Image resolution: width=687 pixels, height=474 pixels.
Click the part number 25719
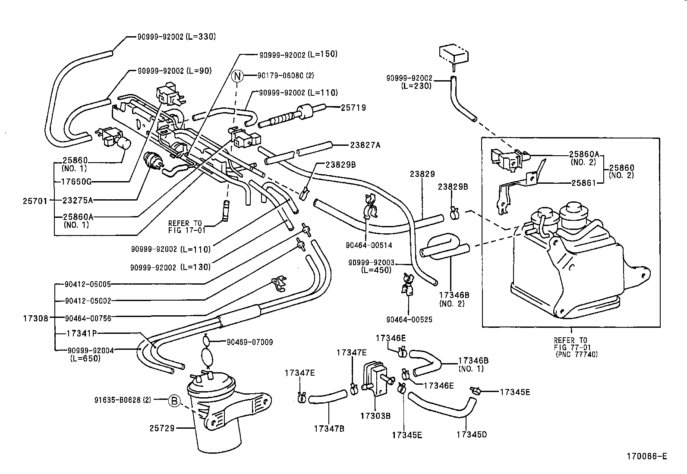[353, 108]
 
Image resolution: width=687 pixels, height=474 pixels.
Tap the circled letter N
[237, 76]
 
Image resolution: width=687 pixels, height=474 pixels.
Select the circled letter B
[174, 401]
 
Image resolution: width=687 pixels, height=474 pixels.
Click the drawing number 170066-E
[647, 456]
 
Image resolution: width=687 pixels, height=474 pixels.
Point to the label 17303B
[375, 416]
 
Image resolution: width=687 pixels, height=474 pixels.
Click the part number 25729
[162, 428]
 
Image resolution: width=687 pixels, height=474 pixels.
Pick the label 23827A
[365, 145]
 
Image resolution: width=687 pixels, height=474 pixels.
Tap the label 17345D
[471, 434]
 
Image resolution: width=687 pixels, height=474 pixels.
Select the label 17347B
[329, 429]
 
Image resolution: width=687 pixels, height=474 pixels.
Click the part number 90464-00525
[409, 320]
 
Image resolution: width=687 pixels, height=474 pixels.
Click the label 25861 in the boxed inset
[583, 183]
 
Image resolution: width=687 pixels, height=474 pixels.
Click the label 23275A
[78, 200]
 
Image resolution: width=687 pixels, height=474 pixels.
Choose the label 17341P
[82, 333]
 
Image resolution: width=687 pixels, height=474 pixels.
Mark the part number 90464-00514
[369, 245]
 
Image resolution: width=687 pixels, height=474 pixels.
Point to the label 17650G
[76, 182]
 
